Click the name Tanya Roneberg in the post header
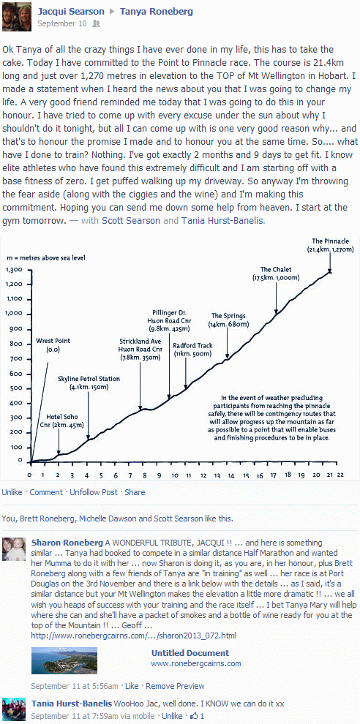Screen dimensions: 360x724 pos(156,12)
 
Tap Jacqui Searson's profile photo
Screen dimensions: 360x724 pos(17,17)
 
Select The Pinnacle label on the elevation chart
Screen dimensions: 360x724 pos(330,245)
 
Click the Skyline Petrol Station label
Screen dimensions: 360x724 pos(89,382)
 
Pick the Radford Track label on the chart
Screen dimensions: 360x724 pos(192,350)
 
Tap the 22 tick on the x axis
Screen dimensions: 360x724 pos(340,475)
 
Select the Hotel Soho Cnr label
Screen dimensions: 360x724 pos(64,421)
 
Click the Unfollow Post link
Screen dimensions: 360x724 pos(94,492)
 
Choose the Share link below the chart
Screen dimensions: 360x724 pos(135,492)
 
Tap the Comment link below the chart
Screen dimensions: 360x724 pos(46,492)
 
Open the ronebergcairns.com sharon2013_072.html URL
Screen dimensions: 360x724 pos(133,636)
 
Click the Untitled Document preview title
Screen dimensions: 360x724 pos(190,653)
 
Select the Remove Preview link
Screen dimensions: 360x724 pos(175,686)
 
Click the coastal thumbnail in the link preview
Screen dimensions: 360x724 pos(64,661)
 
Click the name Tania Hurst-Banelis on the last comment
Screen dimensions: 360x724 pos(72,704)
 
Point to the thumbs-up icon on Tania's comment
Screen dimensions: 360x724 pos(194,716)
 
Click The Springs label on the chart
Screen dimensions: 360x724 pos(228,320)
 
